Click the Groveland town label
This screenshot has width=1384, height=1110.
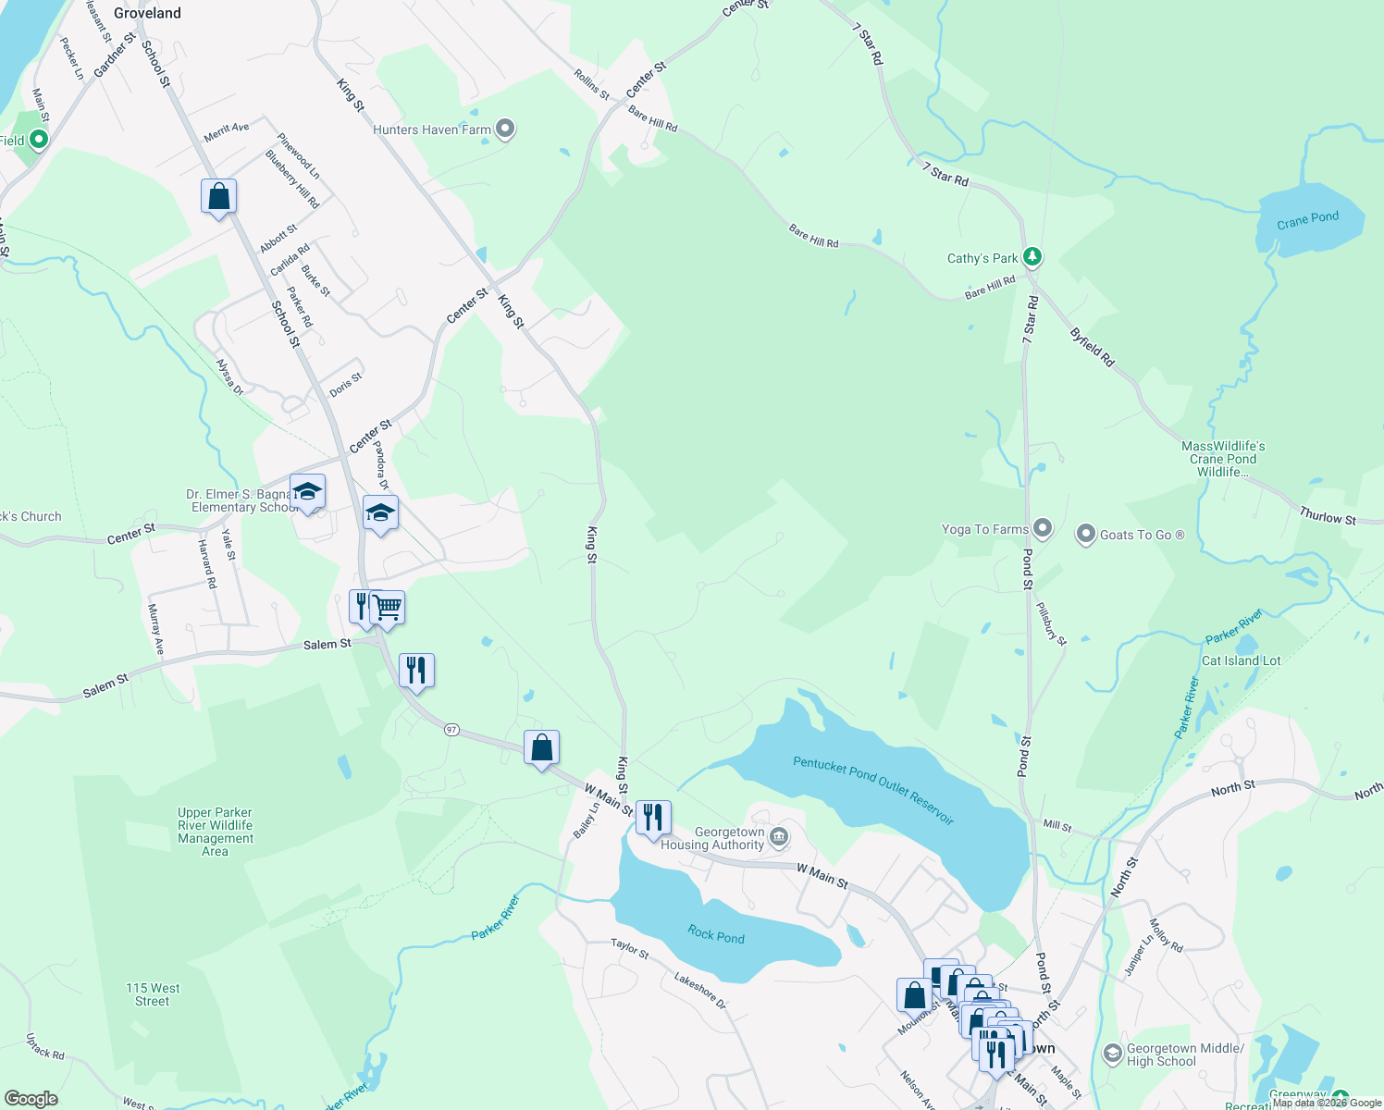coord(147,13)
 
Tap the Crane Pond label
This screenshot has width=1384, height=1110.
coord(1307,219)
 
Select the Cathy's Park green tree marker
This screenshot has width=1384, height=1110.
coord(1032,257)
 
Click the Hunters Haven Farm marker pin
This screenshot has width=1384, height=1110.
coord(505,129)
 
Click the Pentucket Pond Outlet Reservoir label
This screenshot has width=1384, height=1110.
coord(872,790)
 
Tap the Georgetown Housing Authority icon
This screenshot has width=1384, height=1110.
coord(779,838)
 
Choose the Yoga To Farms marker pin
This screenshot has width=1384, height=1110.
coord(1043,528)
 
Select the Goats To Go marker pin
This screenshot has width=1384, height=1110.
coord(1085,534)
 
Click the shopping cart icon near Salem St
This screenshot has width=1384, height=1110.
coord(388,608)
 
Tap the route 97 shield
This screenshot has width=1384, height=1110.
coord(451,730)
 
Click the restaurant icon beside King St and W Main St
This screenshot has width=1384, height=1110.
coord(653,817)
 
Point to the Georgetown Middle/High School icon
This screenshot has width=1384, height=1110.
coord(1113,1054)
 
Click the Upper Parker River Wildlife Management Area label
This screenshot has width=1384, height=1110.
coord(216,832)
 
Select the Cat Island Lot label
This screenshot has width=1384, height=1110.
coord(1241,660)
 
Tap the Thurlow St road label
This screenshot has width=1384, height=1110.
coord(1327,516)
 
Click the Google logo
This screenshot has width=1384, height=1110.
coord(31,1099)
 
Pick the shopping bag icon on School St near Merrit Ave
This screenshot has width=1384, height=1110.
coord(218,196)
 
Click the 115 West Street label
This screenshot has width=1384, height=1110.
coord(153,994)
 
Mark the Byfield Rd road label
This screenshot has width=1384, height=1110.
coord(1093,347)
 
